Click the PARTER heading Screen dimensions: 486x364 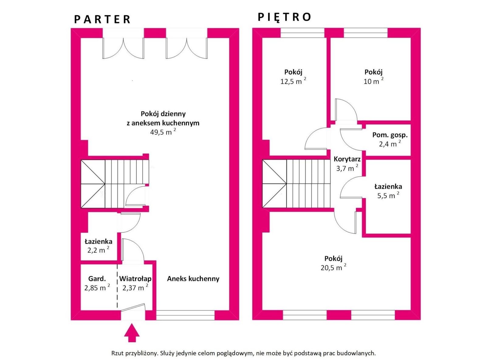(102, 19)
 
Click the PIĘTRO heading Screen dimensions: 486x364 (285, 17)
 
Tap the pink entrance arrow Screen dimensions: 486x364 (132, 333)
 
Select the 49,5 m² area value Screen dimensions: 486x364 (163, 132)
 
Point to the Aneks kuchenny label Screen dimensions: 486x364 (193, 279)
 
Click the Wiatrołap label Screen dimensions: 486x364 (135, 279)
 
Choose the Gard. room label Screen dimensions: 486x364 (97, 279)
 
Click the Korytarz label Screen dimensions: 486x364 (347, 159)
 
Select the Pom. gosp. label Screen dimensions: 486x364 (390, 135)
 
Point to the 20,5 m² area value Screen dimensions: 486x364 (334, 268)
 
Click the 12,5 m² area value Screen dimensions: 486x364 (293, 81)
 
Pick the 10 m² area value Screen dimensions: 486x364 (374, 81)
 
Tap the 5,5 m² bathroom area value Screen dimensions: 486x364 (388, 195)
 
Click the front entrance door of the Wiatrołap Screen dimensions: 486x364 (133, 307)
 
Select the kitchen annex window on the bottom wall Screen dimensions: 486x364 (185, 315)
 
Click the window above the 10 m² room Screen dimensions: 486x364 (365, 33)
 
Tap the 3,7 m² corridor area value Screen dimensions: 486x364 (347, 168)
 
